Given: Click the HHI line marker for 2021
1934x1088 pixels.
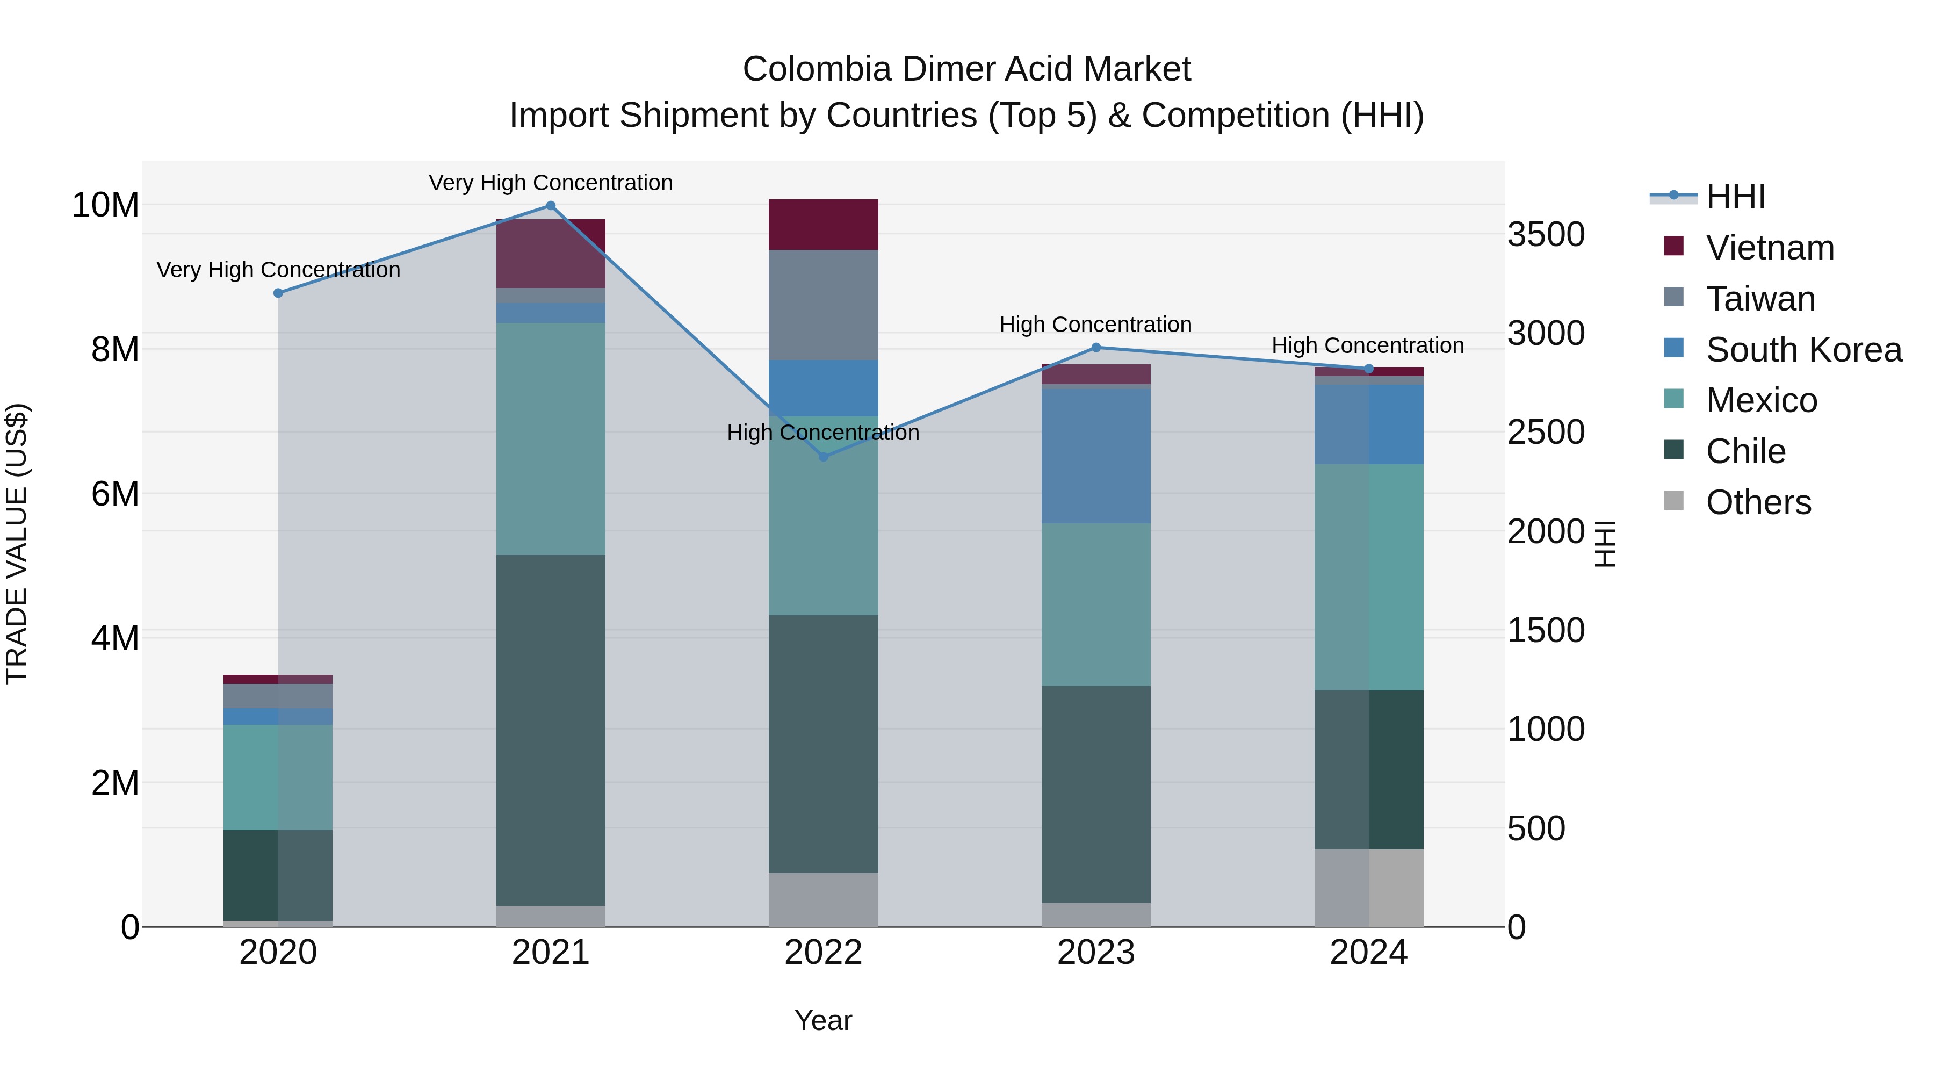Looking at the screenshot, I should coord(550,206).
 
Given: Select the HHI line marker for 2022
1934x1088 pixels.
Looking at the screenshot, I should coord(823,457).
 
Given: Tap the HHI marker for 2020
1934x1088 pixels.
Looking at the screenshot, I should coord(278,293).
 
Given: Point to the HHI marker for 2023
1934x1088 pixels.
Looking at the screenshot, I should coord(1095,348).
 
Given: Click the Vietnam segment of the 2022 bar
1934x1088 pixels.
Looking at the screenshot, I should coord(823,225).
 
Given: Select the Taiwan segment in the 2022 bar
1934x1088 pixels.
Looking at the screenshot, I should coord(823,305).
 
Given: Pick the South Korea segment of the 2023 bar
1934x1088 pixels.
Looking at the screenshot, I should coord(1095,455).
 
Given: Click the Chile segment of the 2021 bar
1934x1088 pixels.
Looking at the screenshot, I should coord(550,730).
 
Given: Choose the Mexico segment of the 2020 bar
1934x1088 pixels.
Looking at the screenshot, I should coord(278,777).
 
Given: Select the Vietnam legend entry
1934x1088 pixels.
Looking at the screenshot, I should coord(1769,248).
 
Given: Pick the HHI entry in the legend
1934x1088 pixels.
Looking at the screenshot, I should coord(1734,197).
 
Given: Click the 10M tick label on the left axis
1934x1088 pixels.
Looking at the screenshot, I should coord(105,205).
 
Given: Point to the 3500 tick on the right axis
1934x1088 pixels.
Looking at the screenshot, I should coord(1546,234).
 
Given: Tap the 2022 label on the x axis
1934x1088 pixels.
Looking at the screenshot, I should coord(823,953).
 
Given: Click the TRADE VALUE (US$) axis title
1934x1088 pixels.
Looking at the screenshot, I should coord(17,544).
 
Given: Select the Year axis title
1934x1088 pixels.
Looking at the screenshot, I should coord(823,1020).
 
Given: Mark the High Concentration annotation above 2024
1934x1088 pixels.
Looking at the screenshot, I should coord(1367,345).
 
